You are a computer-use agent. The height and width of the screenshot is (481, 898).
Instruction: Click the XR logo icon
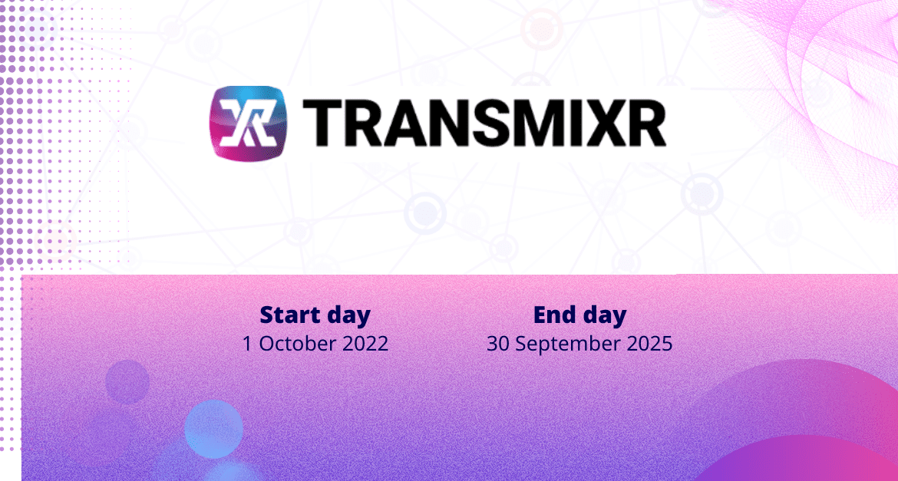[x=248, y=123]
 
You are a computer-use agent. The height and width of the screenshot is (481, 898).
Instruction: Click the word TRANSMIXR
[x=484, y=123]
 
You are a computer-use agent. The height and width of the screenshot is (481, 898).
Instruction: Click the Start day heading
[x=315, y=315]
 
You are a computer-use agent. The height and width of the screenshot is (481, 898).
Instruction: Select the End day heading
[x=579, y=315]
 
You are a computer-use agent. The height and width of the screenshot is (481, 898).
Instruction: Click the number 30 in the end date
[x=497, y=344]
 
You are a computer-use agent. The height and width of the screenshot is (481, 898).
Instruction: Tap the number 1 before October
[x=248, y=344]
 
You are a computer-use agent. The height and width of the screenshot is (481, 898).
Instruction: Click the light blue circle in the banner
[x=213, y=429]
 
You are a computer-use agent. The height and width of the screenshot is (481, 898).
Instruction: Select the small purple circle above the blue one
[x=127, y=382]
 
